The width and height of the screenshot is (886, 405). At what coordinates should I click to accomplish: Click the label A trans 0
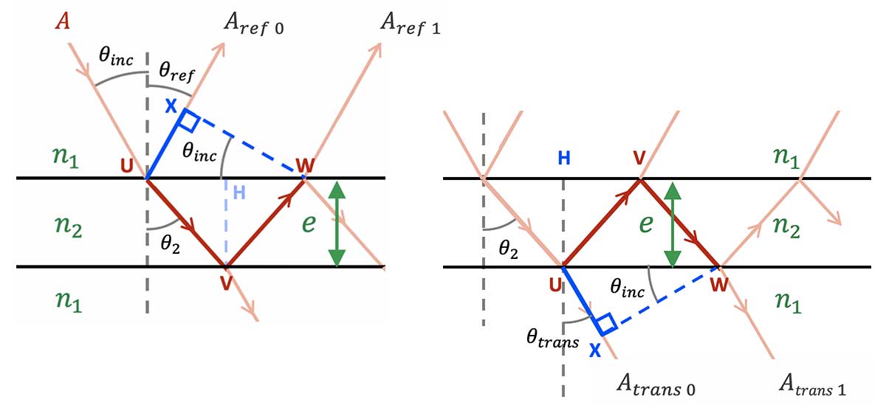656,385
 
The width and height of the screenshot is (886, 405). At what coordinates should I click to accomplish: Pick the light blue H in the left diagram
238,193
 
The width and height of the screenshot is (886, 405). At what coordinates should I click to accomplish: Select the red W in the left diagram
303,163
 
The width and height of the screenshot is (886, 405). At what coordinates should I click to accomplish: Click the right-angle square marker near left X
189,120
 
